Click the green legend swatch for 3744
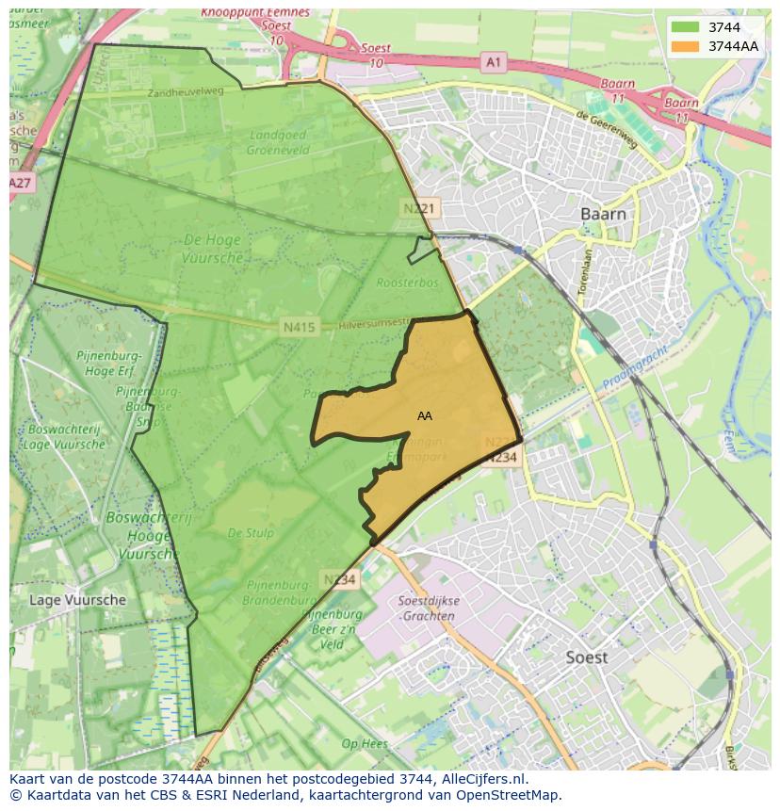pos(685,27)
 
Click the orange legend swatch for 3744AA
pos(685,46)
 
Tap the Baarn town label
pos(603,214)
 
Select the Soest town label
pos(586,657)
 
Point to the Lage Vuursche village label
pos(77,599)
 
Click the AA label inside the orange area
pos(425,415)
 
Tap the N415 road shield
pos(298,328)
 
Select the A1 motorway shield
pos(493,62)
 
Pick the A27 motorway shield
pos(21,182)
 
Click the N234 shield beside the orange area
pos(502,458)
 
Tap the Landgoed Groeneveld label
pos(277,140)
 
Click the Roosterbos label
pos(402,281)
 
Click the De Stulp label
pos(251,533)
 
